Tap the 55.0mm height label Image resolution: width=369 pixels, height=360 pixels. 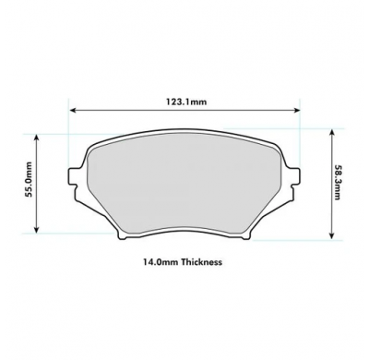coord(27,181)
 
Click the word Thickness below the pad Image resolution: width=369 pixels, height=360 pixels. coord(201,262)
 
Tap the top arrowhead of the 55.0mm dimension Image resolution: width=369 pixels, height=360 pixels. coord(37,136)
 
